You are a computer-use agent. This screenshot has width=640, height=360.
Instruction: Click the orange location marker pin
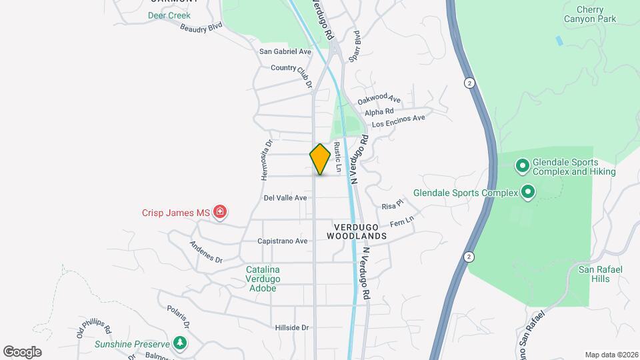tap(320, 159)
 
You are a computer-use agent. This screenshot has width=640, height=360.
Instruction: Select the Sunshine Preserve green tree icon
tap(179, 343)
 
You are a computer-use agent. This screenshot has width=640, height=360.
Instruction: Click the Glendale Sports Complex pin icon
tap(528, 193)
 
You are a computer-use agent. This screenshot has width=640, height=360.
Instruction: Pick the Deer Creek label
tap(169, 15)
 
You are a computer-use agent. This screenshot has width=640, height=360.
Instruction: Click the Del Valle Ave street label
tap(285, 198)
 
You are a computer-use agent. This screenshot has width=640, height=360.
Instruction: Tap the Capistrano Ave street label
tap(283, 241)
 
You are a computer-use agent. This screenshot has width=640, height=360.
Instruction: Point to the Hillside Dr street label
tap(292, 327)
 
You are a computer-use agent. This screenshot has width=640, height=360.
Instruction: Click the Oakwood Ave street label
tap(378, 99)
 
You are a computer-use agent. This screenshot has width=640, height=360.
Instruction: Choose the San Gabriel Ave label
tap(285, 51)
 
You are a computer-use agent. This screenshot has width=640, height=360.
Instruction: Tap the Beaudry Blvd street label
tap(201, 28)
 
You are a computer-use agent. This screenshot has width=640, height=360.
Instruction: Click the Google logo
tap(22, 351)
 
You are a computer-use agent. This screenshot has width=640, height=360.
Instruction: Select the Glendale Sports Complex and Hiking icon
tap(523, 164)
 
